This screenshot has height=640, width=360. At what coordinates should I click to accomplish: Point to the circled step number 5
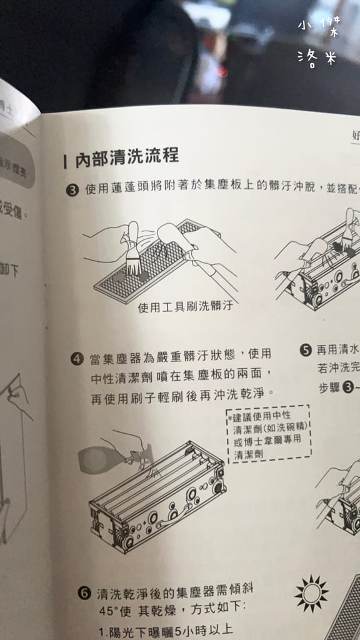(306, 350)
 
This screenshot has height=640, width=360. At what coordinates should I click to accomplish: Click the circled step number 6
(84, 592)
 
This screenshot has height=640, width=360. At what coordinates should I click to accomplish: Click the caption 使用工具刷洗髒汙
(181, 306)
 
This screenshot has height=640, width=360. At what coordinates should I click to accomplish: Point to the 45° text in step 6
(109, 609)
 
